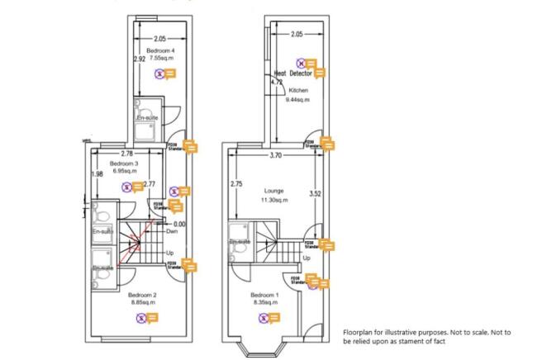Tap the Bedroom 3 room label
123,164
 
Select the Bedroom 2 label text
143,294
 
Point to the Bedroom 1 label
264,294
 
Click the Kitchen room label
298,90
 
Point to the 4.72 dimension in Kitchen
277,83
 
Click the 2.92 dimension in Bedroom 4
140,60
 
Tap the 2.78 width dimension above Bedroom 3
126,154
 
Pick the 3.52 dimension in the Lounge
314,194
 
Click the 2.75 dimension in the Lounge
236,184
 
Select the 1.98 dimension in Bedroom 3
97,173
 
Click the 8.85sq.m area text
143,302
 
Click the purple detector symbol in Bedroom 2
141,318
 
